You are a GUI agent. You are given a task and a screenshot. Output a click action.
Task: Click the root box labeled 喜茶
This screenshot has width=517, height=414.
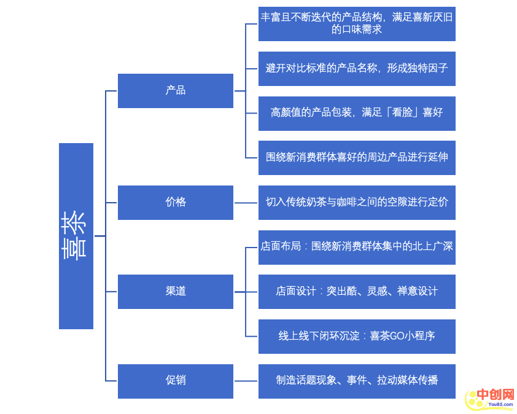click(x=76, y=236)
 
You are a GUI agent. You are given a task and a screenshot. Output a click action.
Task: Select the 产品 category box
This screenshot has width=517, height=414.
click(x=176, y=90)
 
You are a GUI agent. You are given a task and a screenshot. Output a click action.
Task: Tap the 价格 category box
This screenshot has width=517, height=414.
click(x=176, y=202)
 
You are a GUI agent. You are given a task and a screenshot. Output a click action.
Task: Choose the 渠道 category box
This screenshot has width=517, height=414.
click(x=176, y=291)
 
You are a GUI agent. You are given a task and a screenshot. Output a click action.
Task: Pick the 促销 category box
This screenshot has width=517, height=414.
click(x=176, y=381)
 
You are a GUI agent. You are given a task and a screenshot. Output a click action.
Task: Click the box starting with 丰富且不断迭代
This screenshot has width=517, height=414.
click(x=357, y=23)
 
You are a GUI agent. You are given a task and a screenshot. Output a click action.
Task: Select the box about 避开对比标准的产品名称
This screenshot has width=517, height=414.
click(x=357, y=68)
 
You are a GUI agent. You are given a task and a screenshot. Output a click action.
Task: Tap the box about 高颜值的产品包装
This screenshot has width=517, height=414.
click(x=357, y=113)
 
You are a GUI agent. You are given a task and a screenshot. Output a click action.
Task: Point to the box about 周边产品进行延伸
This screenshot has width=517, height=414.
click(x=357, y=157)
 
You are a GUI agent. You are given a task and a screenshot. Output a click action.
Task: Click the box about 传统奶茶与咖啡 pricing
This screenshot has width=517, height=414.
click(x=357, y=202)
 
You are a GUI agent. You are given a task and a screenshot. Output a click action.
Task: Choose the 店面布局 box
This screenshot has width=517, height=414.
click(x=357, y=247)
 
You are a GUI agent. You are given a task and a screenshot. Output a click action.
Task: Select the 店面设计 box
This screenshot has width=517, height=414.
click(x=357, y=291)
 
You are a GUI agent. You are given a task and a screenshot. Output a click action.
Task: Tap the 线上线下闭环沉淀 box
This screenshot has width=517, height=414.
click(x=357, y=336)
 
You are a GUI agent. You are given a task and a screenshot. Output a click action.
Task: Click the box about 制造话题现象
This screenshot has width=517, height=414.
click(x=357, y=381)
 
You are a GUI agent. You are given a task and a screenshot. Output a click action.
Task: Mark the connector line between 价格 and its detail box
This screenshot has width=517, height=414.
click(x=246, y=203)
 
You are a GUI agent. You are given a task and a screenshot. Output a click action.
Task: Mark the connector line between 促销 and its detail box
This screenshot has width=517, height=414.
click(x=246, y=381)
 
